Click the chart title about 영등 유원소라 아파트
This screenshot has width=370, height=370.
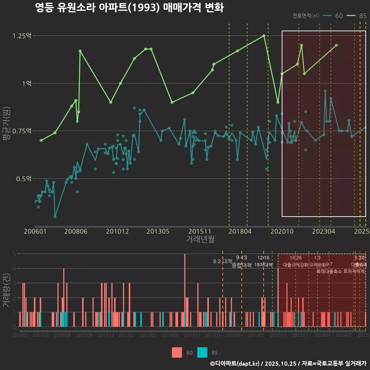(x=129, y=8)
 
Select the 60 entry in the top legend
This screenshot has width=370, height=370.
(x=333, y=16)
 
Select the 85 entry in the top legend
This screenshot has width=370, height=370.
(x=357, y=16)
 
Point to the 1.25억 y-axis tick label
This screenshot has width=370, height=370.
(x=22, y=36)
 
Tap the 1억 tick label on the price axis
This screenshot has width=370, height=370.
(x=26, y=83)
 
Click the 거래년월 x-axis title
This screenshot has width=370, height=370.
(x=200, y=239)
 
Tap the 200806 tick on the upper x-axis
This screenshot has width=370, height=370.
(x=76, y=231)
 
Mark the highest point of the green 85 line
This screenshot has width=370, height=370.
(x=264, y=35)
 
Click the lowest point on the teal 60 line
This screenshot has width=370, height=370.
(x=55, y=216)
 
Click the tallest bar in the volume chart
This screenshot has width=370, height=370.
(x=185, y=290)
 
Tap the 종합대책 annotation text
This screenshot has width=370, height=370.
(x=241, y=265)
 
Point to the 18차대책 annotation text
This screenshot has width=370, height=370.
(x=263, y=265)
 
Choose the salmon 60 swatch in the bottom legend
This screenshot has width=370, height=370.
(x=177, y=352)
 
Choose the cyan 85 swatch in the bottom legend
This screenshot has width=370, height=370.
(x=202, y=352)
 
